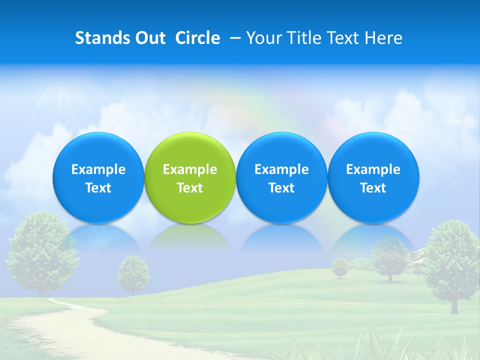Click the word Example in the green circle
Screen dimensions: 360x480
(190, 169)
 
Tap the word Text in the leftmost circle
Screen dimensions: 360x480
(98, 188)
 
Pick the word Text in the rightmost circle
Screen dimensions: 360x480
(373, 188)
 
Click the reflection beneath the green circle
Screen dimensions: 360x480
(190, 237)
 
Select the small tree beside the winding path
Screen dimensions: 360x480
(133, 272)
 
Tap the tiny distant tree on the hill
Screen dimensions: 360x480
(340, 266)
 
